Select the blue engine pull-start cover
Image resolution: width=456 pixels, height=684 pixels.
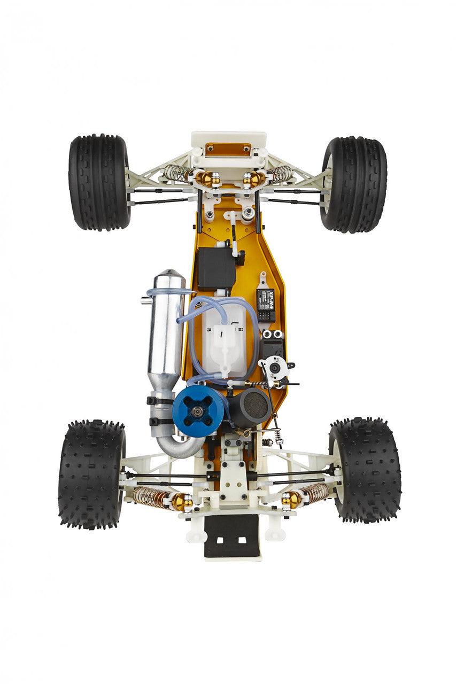point(198,411)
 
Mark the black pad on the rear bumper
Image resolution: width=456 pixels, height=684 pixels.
point(231,536)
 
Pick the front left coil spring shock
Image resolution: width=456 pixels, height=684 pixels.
point(178,173)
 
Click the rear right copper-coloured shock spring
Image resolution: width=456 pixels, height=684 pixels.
point(315,493)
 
